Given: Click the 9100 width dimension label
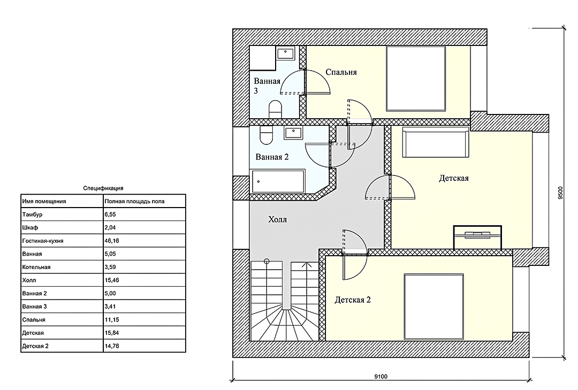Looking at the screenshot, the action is tap(381, 377).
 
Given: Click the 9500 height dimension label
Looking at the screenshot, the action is tap(560, 193).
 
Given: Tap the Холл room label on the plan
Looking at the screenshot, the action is tap(278, 220).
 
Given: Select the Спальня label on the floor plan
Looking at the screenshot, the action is tap(341, 72).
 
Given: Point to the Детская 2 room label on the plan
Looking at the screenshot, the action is tap(352, 300).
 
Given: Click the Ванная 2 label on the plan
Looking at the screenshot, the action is tap(272, 157).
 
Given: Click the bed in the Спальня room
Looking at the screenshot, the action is tap(416, 79).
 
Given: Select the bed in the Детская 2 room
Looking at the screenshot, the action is tap(433, 307).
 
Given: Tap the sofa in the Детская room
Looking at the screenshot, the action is tap(435, 142).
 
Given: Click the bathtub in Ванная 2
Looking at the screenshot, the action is tap(278, 181).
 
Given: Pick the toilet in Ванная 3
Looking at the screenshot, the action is tap(275, 109).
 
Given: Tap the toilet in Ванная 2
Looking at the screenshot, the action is tap(266, 135).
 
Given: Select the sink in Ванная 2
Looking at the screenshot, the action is tap(293, 132).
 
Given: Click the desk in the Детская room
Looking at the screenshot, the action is tap(477, 237).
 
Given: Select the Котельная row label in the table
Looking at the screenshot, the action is tap(36, 267).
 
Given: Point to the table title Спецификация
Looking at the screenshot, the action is tap(103, 188).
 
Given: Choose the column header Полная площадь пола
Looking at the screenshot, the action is tap(134, 201).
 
